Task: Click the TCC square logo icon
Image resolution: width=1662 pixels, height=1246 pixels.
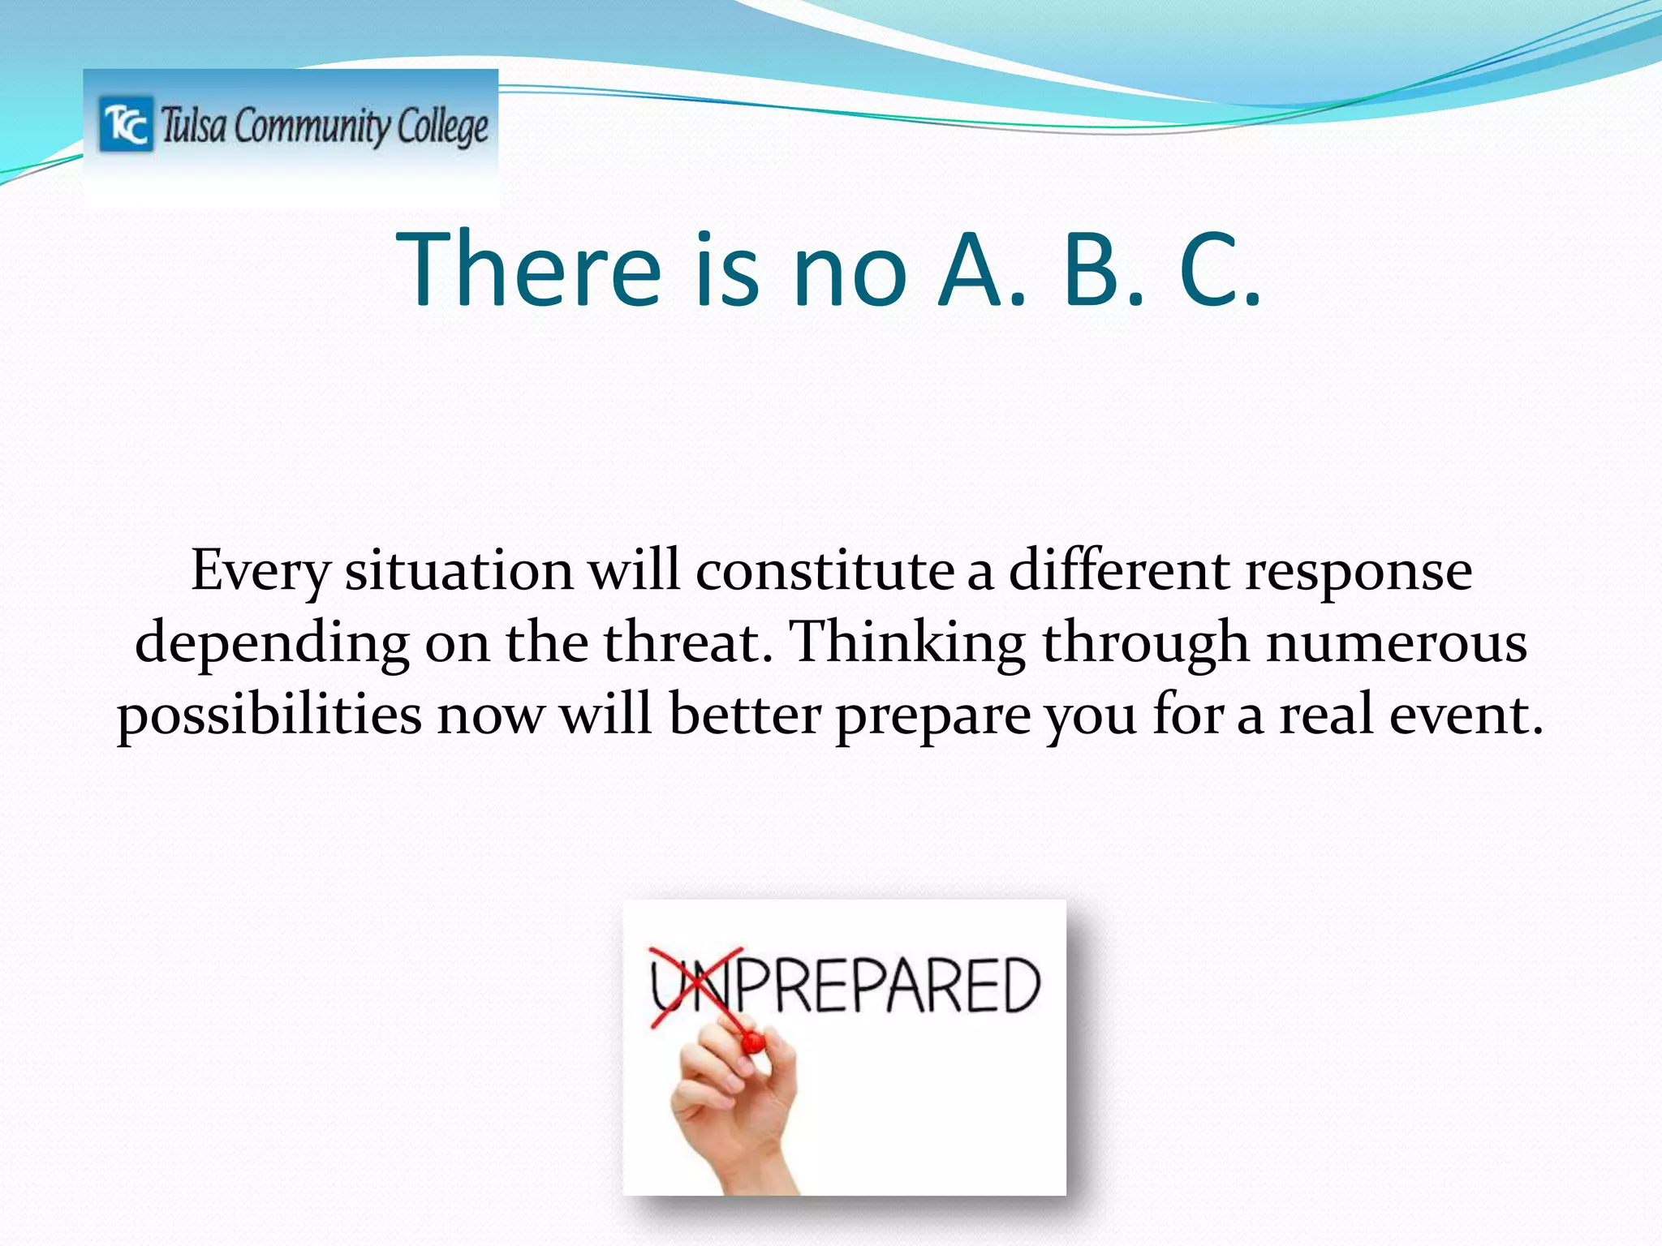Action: [126, 124]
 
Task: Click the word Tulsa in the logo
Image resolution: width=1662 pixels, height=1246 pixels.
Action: [193, 127]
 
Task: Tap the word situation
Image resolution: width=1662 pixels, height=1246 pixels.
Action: [459, 571]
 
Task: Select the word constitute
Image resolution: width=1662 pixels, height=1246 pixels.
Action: [825, 571]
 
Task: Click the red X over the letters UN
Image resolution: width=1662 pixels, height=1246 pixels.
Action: [696, 986]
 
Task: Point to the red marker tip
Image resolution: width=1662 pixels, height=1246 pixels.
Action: [752, 1042]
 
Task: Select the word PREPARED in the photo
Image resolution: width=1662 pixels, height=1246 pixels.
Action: [885, 985]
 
